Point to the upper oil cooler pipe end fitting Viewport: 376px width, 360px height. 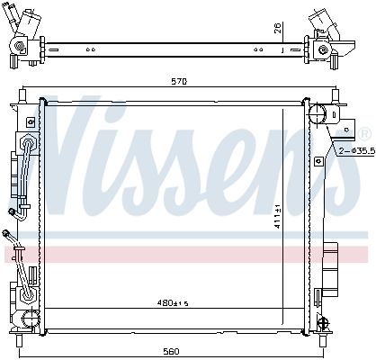pos(13,213)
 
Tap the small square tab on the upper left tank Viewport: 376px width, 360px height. pos(31,121)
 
